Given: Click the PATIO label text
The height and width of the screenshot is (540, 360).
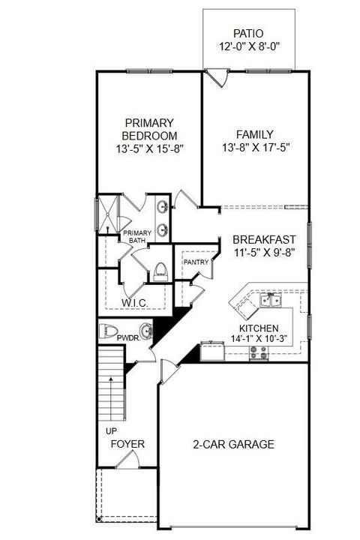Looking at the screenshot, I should pos(248,34).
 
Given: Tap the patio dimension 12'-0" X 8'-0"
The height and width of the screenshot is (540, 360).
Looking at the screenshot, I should pos(248,47).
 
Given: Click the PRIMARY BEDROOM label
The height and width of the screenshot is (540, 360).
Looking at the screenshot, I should pos(149,128).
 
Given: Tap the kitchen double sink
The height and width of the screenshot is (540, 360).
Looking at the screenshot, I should pos(270,301).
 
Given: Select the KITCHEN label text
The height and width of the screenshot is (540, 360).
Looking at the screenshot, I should pos(259,328).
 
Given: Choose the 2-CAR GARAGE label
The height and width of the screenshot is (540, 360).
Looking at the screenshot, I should pos(233,444).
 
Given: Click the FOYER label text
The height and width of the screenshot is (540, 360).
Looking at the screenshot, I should pos(127,444).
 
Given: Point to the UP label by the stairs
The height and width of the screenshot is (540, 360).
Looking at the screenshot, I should pos(111,432).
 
